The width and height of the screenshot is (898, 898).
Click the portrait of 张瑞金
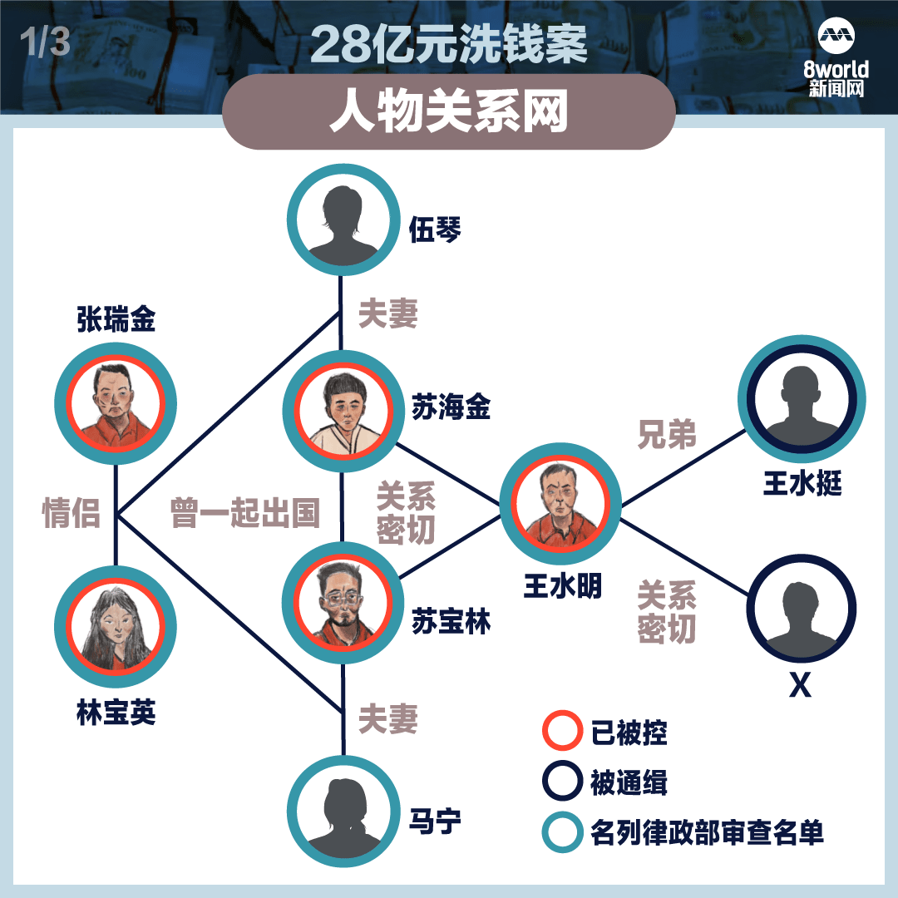coord(116,404)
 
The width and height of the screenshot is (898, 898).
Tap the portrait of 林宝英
coord(116,627)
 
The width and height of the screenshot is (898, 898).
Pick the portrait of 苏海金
coord(343,411)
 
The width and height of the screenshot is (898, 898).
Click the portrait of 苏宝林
coord(343,603)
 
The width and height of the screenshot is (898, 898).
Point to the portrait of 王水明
coord(560,503)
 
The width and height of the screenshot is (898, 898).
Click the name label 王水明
coord(562,586)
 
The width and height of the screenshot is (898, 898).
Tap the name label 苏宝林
coord(451,621)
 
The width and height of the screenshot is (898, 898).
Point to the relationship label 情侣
coord(71,512)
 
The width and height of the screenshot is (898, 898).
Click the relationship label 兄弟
coord(667,434)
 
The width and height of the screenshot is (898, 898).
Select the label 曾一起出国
coord(245,512)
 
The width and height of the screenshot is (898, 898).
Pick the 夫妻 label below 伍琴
coord(388,313)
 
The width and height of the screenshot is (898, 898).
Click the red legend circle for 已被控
coord(562,731)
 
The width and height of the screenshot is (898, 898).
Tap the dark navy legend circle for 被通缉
coord(562,781)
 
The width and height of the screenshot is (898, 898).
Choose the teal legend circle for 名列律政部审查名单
coord(562,831)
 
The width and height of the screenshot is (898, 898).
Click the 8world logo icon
coord(836,37)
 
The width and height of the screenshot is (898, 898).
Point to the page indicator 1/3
coord(45,42)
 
